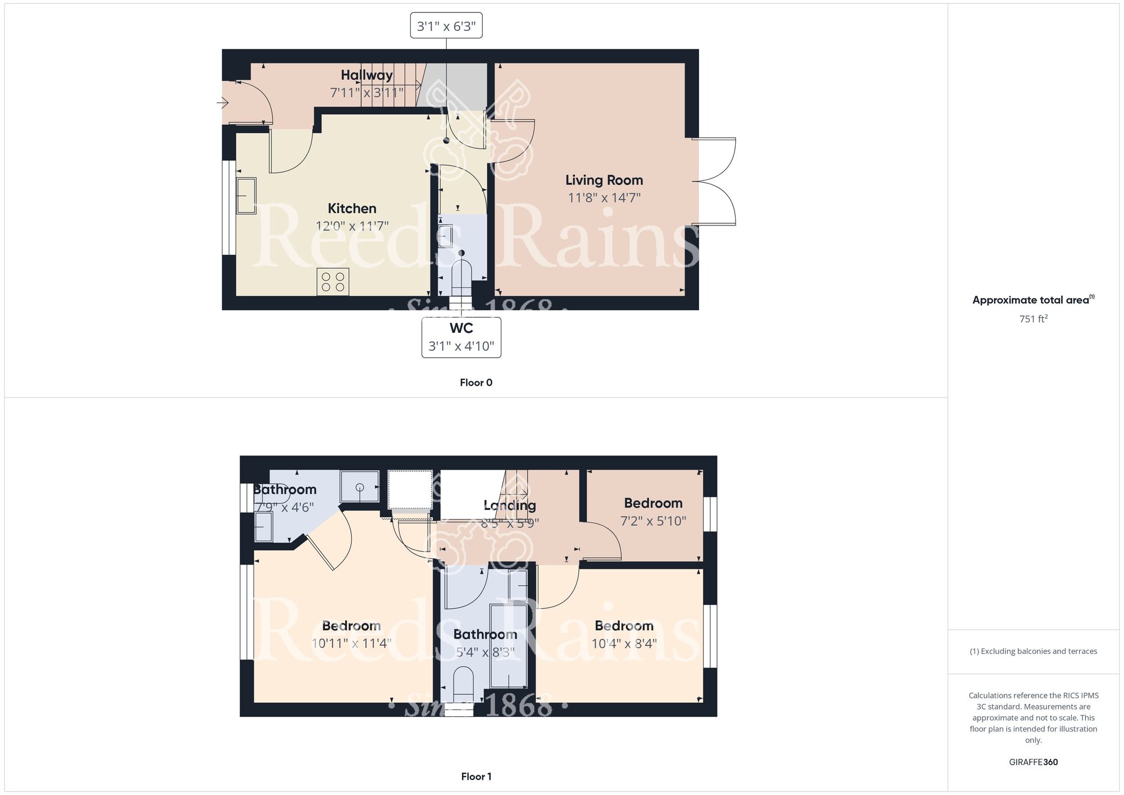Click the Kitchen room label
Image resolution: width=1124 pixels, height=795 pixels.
click(x=352, y=209)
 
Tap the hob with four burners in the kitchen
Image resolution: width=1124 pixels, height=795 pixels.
click(x=333, y=282)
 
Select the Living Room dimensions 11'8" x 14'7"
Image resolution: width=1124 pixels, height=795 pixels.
click(x=604, y=198)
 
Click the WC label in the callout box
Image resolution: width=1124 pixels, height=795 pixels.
click(x=461, y=328)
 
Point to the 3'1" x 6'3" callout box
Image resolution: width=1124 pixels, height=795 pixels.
click(x=446, y=26)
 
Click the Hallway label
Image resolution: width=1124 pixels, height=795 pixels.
click(x=366, y=75)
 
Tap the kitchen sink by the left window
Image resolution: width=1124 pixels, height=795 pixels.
click(x=246, y=196)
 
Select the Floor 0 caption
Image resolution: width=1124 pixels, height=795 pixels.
click(x=476, y=382)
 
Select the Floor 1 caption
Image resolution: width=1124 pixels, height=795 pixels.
click(x=476, y=776)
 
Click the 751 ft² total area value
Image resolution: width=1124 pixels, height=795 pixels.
click(x=1034, y=319)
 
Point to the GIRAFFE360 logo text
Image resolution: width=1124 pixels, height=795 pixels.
click(x=1034, y=762)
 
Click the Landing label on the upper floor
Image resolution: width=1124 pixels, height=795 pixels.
click(x=510, y=505)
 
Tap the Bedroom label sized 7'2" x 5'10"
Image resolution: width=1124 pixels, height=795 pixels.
click(x=653, y=503)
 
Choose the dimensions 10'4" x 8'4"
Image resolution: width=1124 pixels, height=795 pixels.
click(x=624, y=643)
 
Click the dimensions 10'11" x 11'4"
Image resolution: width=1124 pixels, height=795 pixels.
click(x=351, y=643)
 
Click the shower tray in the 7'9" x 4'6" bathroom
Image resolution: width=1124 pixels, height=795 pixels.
click(x=360, y=486)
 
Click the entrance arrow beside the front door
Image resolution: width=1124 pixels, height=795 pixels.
click(x=223, y=103)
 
